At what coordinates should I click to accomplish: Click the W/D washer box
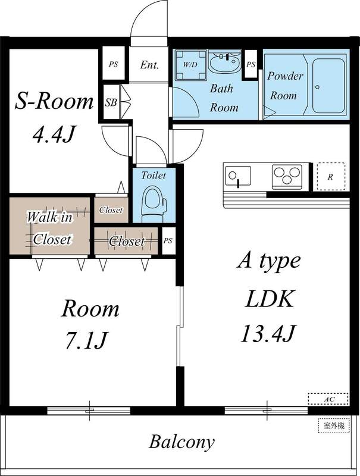[x=190, y=64]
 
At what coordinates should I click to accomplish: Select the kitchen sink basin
[x=238, y=176]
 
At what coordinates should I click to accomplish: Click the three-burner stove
[x=287, y=177]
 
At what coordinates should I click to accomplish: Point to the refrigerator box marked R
[x=330, y=177]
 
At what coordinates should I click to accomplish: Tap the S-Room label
[x=54, y=101]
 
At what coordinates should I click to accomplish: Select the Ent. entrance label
[x=149, y=65]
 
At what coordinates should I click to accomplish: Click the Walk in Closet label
[x=51, y=228]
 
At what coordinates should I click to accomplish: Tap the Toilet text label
[x=154, y=176]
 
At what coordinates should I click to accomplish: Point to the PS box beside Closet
[x=168, y=241]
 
